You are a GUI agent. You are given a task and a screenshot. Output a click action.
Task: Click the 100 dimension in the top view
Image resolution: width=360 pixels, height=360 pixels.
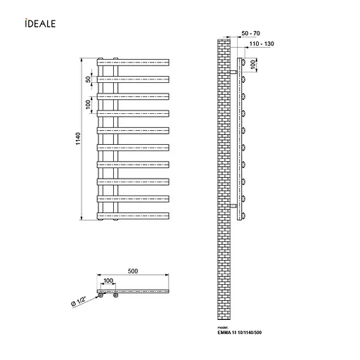tap(108, 281)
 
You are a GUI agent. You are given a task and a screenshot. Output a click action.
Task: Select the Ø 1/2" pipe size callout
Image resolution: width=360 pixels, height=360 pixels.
tap(79, 302)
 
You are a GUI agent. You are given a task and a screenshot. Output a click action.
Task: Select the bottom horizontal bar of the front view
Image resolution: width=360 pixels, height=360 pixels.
tap(134, 215)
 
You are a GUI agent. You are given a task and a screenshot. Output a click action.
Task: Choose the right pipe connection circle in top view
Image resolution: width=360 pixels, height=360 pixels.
tap(115, 296)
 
